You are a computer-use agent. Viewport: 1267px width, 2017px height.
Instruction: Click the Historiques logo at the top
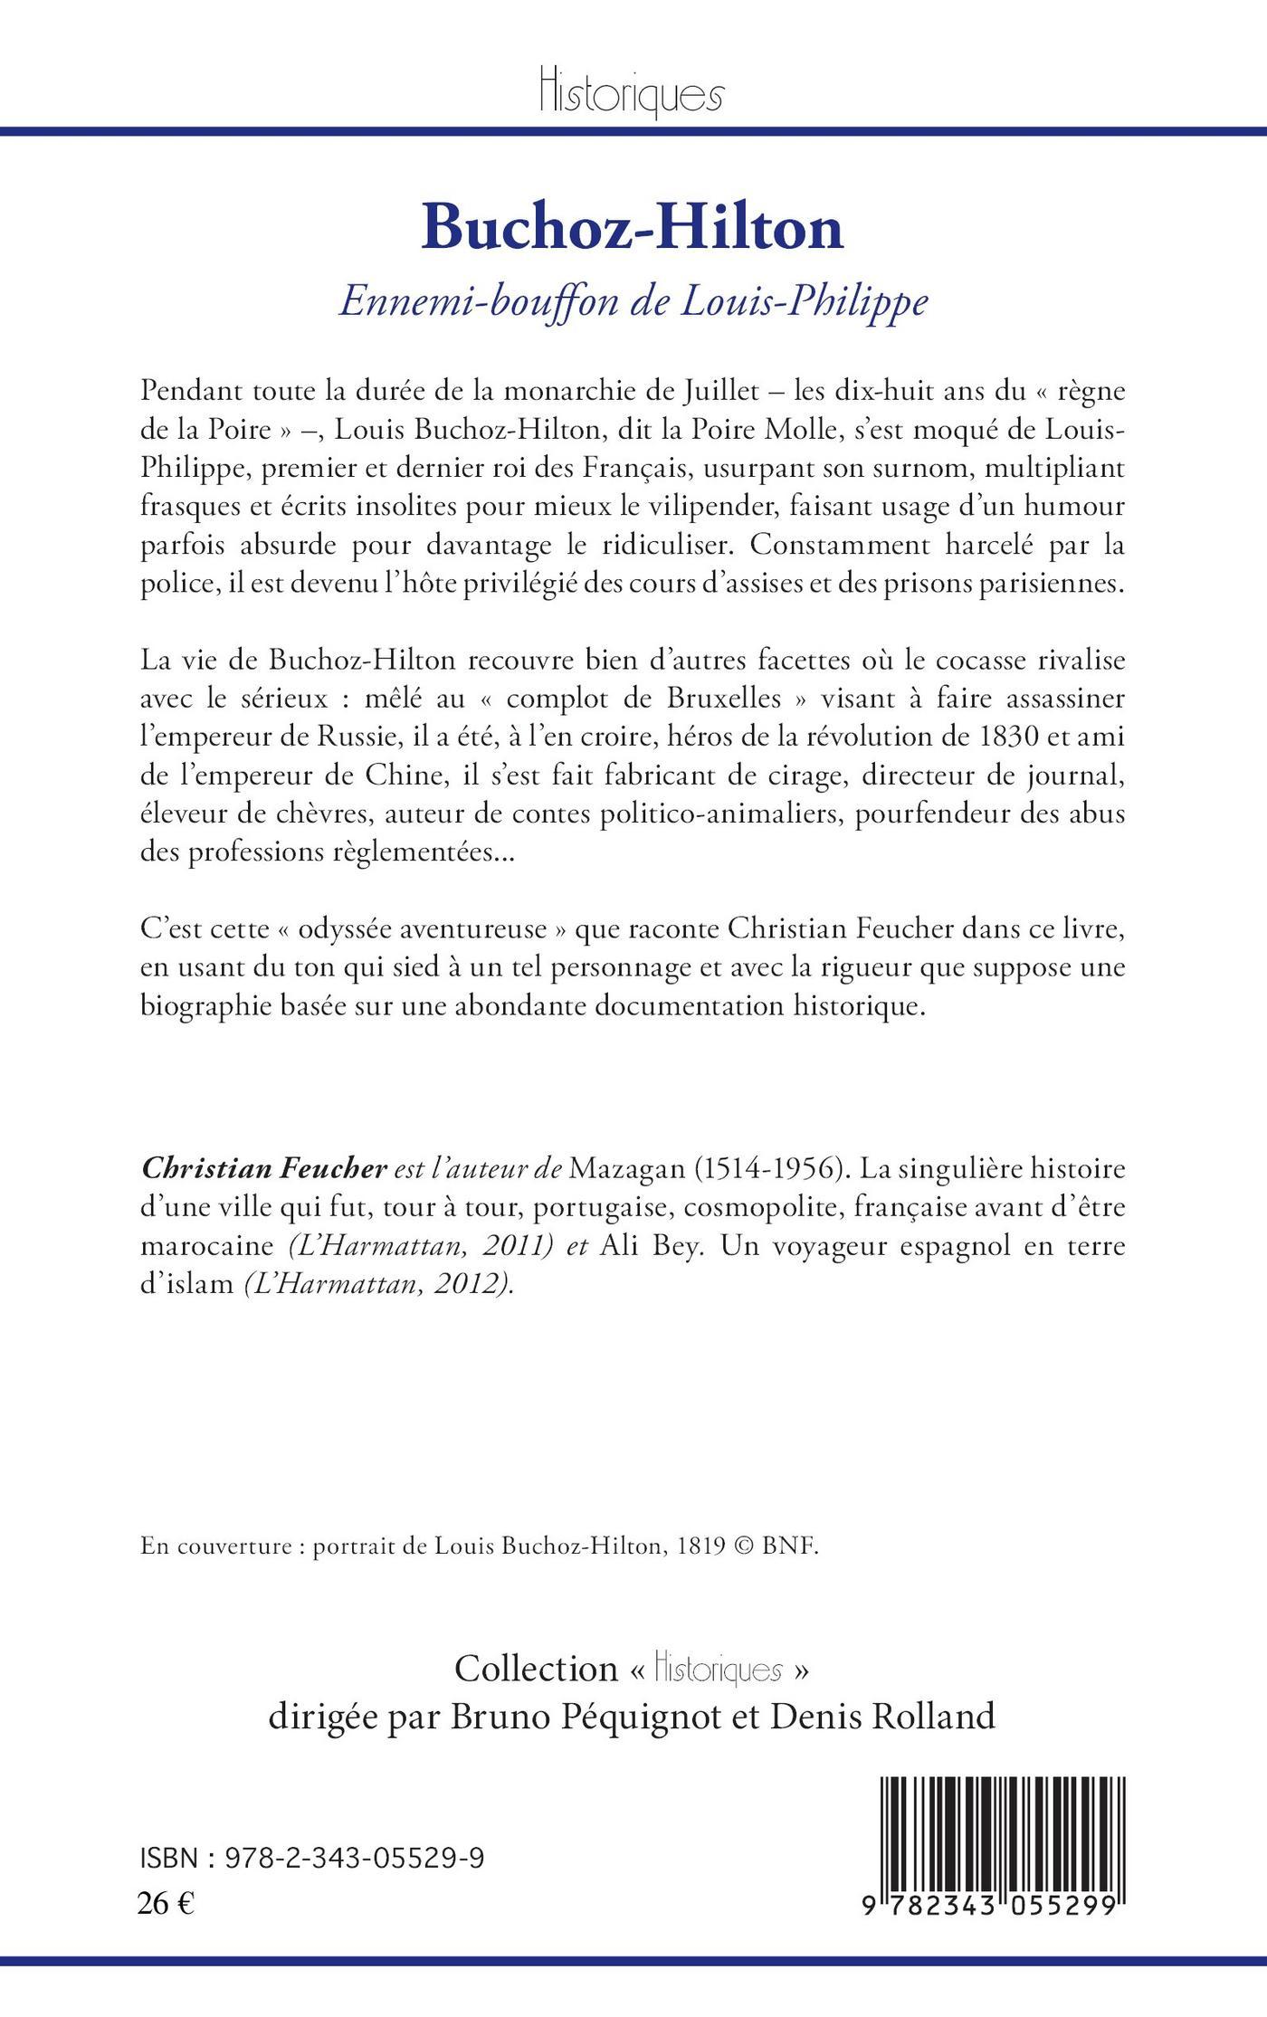(x=633, y=91)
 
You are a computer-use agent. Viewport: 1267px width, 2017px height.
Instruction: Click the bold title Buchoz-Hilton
(x=633, y=227)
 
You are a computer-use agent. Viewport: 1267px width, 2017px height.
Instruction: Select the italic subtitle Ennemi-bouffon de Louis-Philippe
(x=633, y=302)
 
